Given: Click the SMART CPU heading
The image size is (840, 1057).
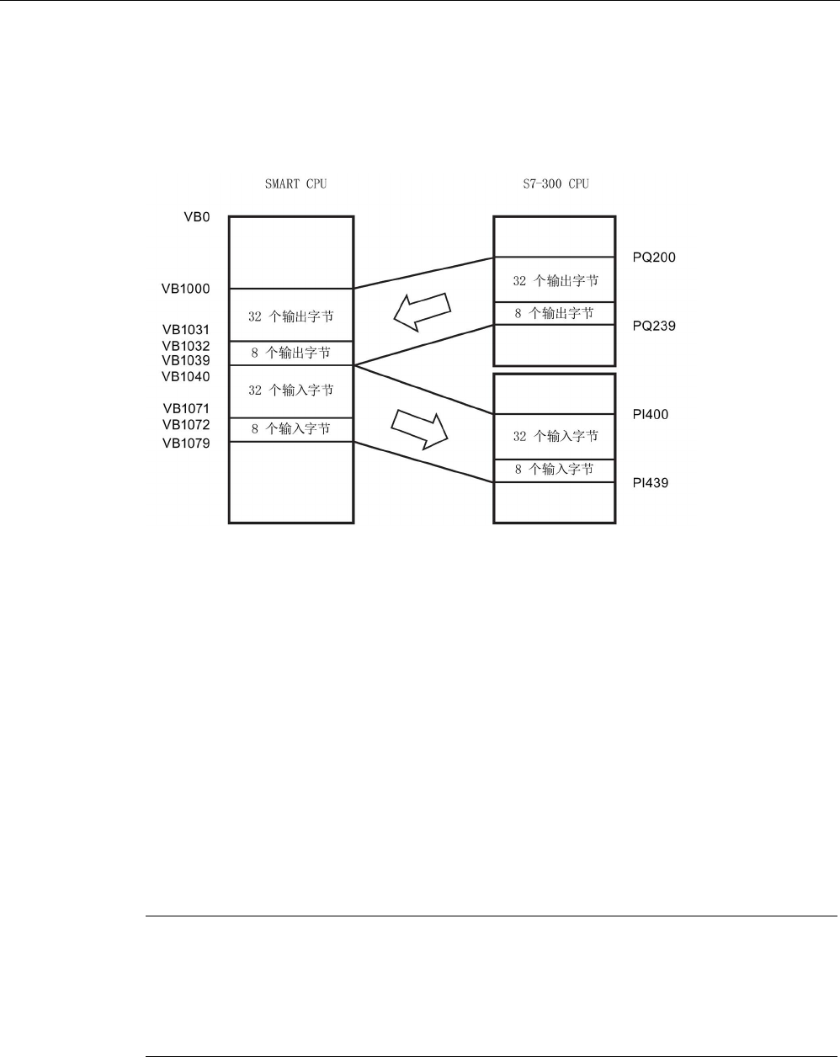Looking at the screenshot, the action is (x=290, y=183).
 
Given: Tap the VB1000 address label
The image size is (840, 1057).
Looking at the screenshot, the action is (x=186, y=289).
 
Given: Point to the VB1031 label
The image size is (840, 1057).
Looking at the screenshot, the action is (x=186, y=330).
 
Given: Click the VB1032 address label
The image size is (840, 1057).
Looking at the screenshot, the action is (x=186, y=346).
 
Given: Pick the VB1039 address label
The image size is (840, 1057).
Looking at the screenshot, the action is (x=186, y=360).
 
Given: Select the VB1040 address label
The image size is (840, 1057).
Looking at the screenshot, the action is (x=186, y=376).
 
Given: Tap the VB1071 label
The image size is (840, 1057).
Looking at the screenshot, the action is (x=186, y=409).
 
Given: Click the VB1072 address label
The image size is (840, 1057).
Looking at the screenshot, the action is (x=186, y=425).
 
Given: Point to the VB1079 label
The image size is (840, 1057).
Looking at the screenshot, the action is (x=186, y=444).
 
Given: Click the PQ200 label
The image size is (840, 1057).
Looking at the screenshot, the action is (x=653, y=258).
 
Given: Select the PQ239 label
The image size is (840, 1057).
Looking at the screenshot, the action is (x=653, y=326).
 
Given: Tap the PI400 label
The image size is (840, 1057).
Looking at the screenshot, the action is (x=650, y=415).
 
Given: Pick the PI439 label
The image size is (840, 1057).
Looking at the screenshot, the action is (x=650, y=484).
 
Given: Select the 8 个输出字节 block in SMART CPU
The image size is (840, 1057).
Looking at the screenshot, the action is (x=291, y=353).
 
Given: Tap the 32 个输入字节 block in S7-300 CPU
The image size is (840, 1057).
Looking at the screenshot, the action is (x=556, y=436).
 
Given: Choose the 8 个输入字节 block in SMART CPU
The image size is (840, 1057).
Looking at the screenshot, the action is (x=291, y=429).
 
